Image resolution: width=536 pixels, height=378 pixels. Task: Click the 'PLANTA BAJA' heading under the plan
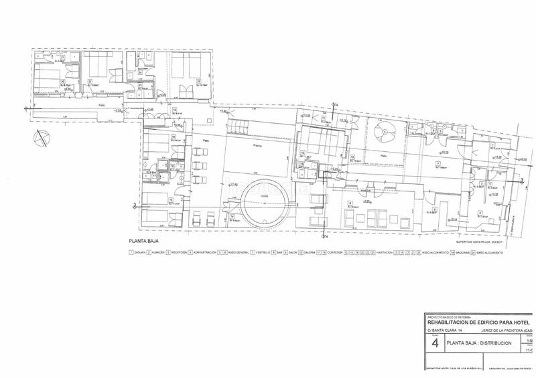coord(145,239)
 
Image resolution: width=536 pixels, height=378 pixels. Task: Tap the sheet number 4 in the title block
coord(436,343)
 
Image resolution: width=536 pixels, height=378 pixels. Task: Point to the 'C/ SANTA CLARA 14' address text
coord(444,331)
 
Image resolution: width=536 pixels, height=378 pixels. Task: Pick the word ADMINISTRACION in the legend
coord(206,253)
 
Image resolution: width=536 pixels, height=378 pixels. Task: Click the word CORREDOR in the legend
coord(335,253)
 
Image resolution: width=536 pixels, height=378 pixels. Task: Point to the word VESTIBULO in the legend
coord(261,253)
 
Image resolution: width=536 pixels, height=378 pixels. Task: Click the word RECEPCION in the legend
coord(178,253)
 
